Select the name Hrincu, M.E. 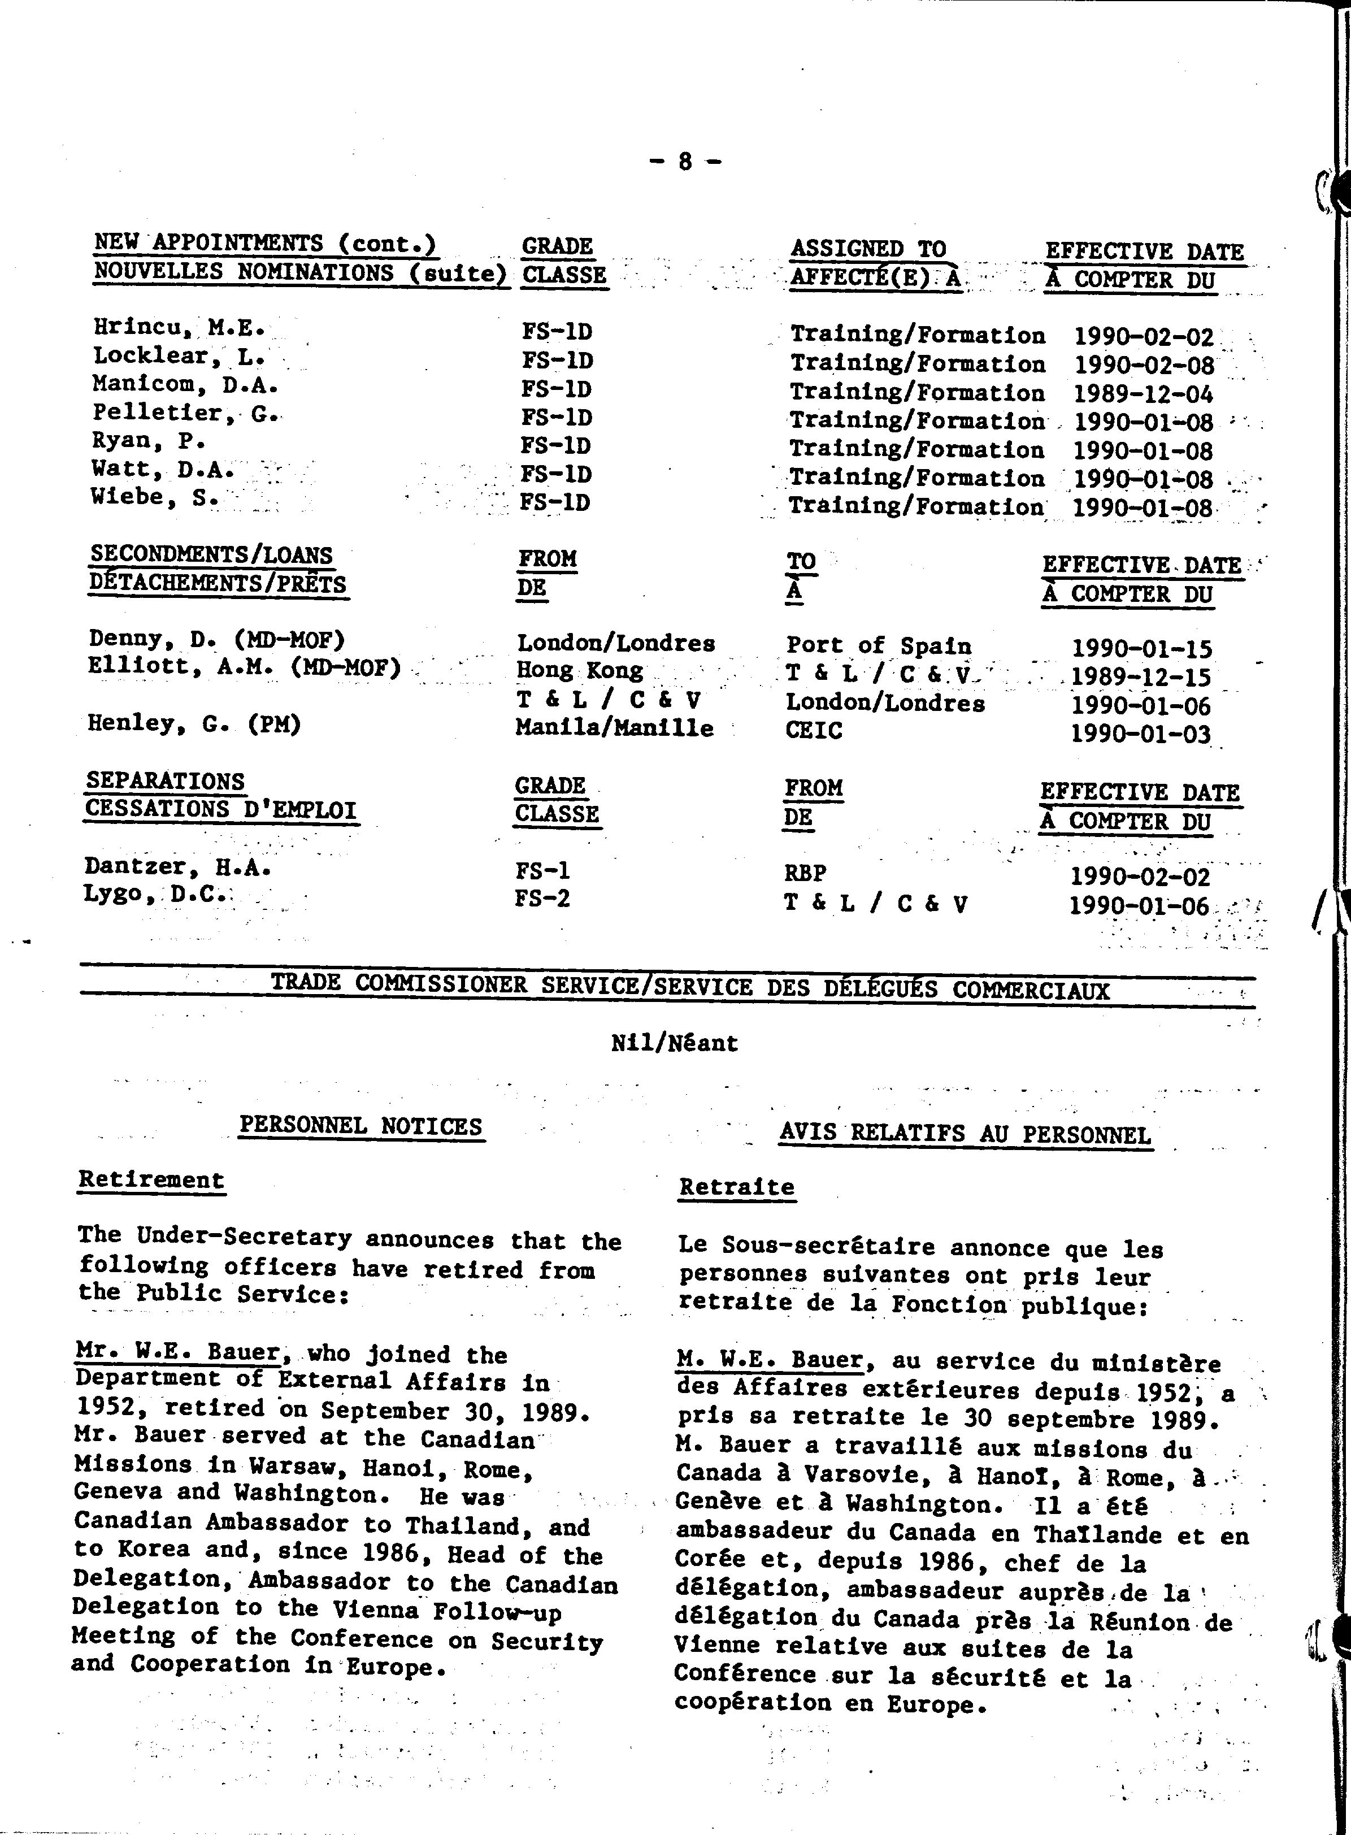pos(179,328)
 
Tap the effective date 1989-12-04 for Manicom pos(1143,394)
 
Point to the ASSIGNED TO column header pos(868,249)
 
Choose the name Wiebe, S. pos(155,498)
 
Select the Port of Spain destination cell pos(879,646)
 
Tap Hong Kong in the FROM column pos(580,671)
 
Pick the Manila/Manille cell pos(614,728)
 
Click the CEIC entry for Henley pos(813,730)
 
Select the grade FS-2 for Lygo pos(542,899)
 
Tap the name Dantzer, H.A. pos(177,867)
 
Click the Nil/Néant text pos(674,1043)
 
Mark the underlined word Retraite pos(736,1187)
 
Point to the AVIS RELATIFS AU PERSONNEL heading pos(965,1134)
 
